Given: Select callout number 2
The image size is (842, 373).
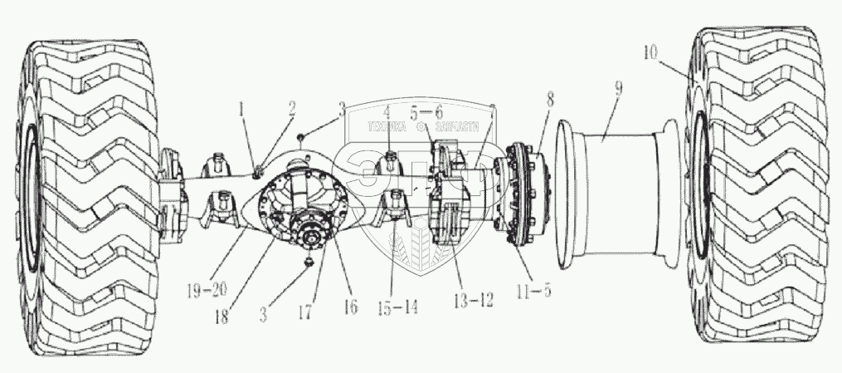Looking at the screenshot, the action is point(292,107).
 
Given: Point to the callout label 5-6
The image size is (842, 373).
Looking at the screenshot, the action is point(427,111).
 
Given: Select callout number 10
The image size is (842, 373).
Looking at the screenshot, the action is point(651,53).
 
